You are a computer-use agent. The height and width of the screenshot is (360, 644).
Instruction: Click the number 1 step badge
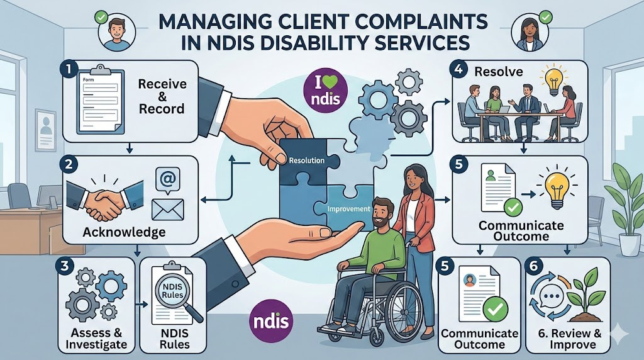click(x=70, y=68)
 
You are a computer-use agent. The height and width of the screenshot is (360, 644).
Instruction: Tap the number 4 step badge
click(x=460, y=70)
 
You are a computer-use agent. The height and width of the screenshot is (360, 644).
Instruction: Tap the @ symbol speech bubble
click(x=167, y=180)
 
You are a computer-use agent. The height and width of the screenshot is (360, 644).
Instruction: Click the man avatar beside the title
click(x=118, y=31)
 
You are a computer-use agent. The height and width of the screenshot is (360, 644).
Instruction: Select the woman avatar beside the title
click(x=527, y=30)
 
